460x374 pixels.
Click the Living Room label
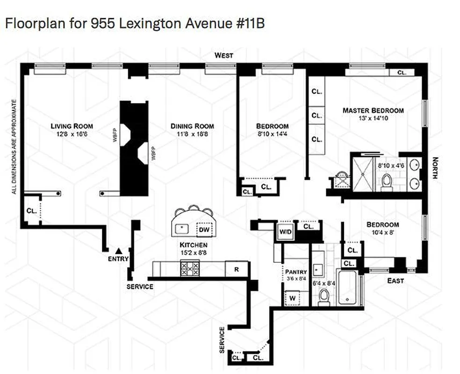pyautogui.click(x=72, y=126)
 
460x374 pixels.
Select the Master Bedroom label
pyautogui.click(x=373, y=110)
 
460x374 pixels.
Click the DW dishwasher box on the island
pyautogui.click(x=204, y=230)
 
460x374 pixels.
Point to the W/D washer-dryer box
pyautogui.click(x=284, y=231)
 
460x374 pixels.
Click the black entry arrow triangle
pyautogui.click(x=119, y=251)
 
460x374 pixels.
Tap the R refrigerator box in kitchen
pyautogui.click(x=237, y=269)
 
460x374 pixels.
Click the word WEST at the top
pyautogui.click(x=223, y=56)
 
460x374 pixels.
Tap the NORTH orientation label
pyautogui.click(x=435, y=168)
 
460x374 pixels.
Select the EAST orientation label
pyautogui.click(x=395, y=280)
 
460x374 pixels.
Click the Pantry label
pyautogui.click(x=296, y=272)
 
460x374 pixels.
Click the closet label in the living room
pyautogui.click(x=31, y=211)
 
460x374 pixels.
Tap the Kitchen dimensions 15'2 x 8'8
pyautogui.click(x=194, y=252)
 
